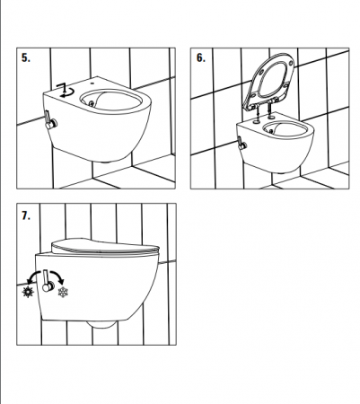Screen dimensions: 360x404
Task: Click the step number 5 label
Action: pyautogui.click(x=26, y=57)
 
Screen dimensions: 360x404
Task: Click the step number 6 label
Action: pyautogui.click(x=201, y=57)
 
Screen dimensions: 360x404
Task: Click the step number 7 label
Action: pyautogui.click(x=26, y=215)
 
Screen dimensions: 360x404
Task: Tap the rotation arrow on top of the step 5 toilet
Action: pyautogui.click(x=66, y=90)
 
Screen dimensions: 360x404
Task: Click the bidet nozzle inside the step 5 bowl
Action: pyautogui.click(x=92, y=103)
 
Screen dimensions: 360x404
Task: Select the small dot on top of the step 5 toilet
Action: pyautogui.click(x=92, y=83)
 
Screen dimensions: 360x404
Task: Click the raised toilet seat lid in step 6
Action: pyautogui.click(x=269, y=80)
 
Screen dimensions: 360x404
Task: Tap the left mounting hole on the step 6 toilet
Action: pyautogui.click(x=258, y=121)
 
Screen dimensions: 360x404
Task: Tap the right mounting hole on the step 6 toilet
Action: pyautogui.click(x=272, y=116)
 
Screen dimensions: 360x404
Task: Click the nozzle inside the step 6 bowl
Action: pyautogui.click(x=271, y=131)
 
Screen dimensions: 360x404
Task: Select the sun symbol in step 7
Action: pyautogui.click(x=28, y=292)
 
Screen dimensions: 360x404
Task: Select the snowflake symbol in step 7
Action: pyautogui.click(x=63, y=292)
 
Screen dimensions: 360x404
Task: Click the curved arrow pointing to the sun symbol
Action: pyautogui.click(x=33, y=277)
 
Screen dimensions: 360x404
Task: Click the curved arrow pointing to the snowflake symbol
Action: pyautogui.click(x=57, y=276)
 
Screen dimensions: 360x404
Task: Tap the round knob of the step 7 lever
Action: pyautogui.click(x=48, y=286)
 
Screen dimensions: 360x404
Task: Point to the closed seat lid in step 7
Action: pyautogui.click(x=105, y=246)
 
